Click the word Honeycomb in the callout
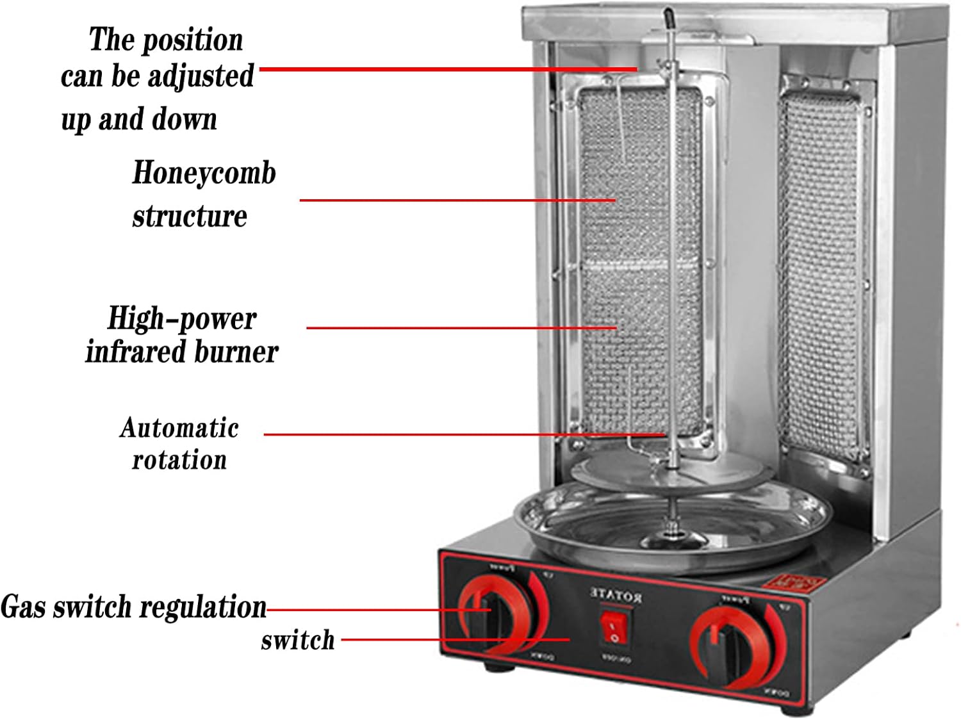[204, 173]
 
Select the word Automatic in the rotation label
[179, 428]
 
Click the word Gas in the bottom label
[24, 607]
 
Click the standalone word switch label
[297, 640]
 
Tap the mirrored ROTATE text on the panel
[616, 596]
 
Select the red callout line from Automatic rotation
[461, 434]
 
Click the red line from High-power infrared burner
[461, 328]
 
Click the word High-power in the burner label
[181, 318]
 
